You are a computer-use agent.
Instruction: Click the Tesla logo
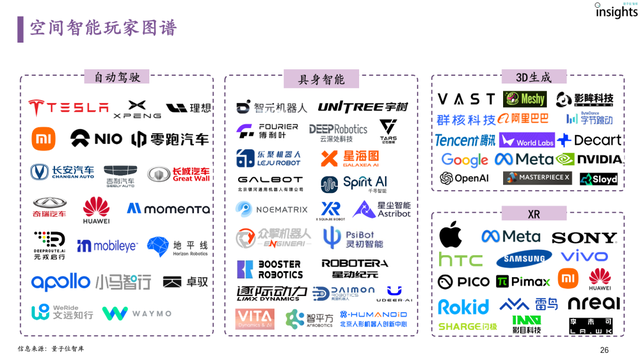tap(68, 107)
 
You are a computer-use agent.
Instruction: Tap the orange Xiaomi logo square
tap(44, 138)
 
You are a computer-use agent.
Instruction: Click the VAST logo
tap(466, 99)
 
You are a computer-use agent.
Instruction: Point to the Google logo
tap(464, 160)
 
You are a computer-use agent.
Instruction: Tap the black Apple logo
tap(451, 236)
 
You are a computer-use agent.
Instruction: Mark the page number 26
tap(603, 350)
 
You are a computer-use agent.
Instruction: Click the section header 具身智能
tap(321, 79)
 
